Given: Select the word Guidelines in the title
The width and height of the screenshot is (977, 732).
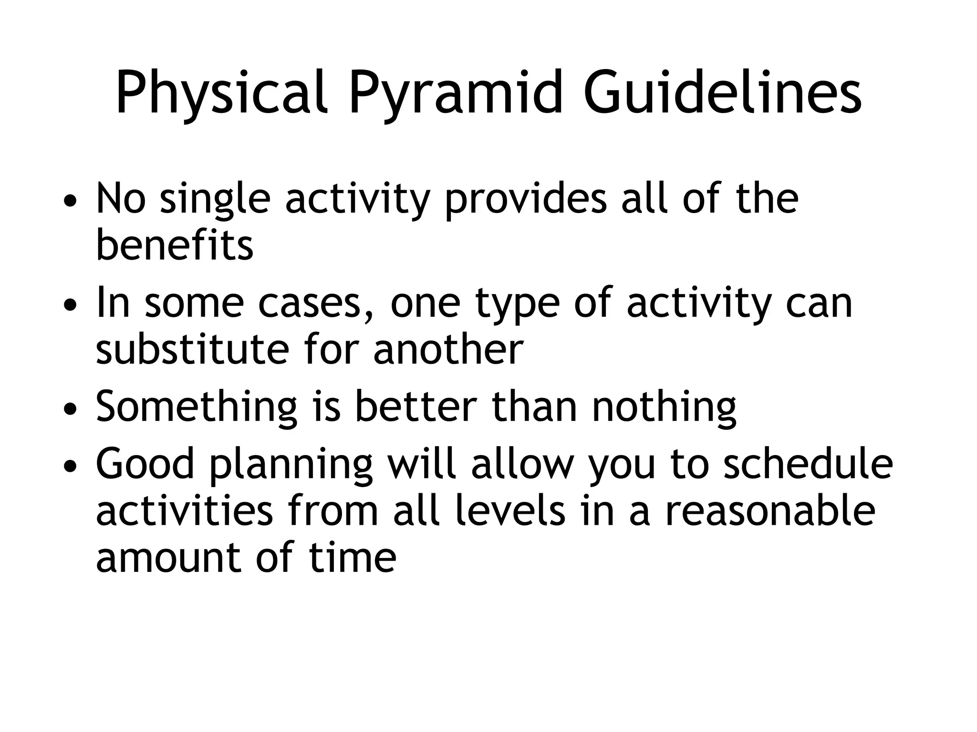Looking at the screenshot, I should pos(722,93).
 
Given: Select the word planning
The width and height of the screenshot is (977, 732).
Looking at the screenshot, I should pos(291,465).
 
